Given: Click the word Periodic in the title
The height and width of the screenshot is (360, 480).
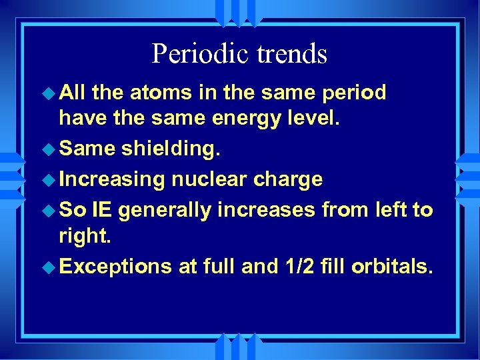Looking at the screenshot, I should tap(193, 55).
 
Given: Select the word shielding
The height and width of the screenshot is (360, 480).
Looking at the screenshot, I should tap(169, 149).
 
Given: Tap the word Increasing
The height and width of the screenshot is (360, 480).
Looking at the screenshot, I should tap(111, 179).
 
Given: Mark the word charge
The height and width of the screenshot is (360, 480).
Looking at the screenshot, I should tap(289, 179).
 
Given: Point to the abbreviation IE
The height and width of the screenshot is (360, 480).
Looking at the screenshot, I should tap(102, 209).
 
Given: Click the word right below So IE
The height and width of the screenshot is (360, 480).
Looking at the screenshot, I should tap(83, 236).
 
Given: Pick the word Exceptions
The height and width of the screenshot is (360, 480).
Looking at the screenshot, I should tap(115, 267).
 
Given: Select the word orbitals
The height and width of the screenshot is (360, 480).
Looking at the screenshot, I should tap(393, 266).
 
